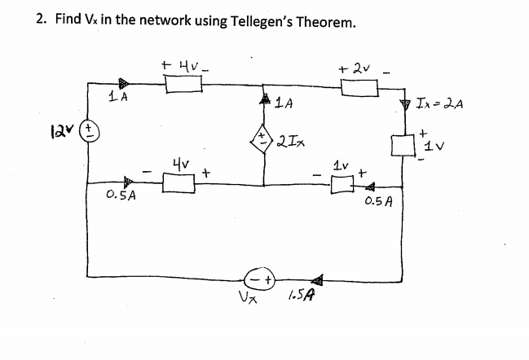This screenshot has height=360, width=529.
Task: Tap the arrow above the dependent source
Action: (263, 100)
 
